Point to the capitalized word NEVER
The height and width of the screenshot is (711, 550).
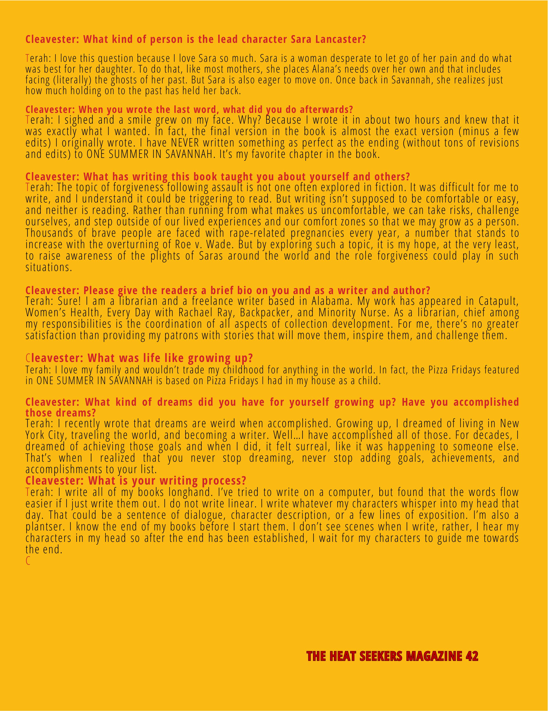185,143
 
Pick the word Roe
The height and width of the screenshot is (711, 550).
184,245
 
